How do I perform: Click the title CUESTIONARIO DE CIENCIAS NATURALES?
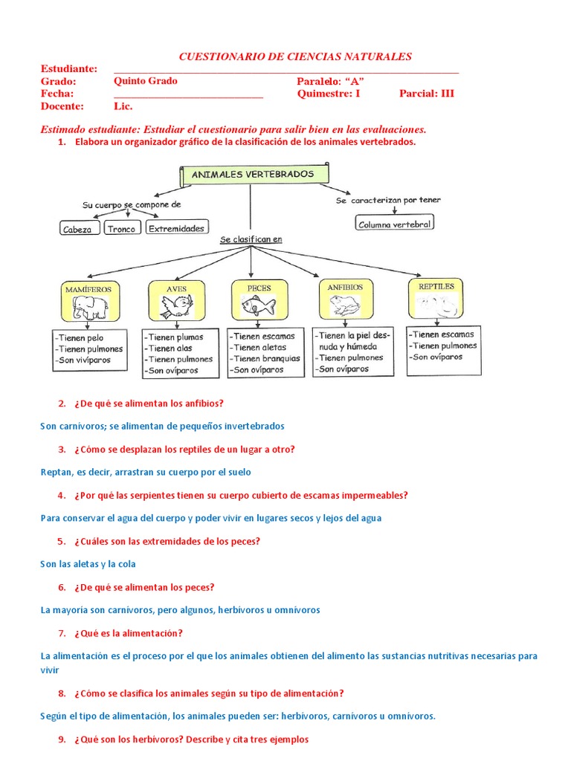pyautogui.click(x=296, y=56)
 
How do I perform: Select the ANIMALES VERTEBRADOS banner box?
pyautogui.click(x=254, y=175)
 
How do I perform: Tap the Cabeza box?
pyautogui.click(x=77, y=230)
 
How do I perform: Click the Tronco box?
pyautogui.click(x=121, y=230)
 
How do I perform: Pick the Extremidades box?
pyautogui.click(x=177, y=229)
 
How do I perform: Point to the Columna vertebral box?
pyautogui.click(x=394, y=223)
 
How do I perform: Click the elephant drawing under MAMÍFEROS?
pyautogui.click(x=90, y=305)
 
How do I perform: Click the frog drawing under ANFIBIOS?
pyautogui.click(x=343, y=304)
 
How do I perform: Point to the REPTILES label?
pyautogui.click(x=436, y=286)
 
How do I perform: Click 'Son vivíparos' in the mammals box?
pyautogui.click(x=82, y=360)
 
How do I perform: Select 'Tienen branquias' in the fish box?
pyautogui.click(x=265, y=358)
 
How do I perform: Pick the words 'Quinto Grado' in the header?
pyautogui.click(x=146, y=81)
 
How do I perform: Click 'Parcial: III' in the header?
pyautogui.click(x=427, y=94)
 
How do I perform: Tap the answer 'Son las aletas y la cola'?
pyautogui.click(x=88, y=564)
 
